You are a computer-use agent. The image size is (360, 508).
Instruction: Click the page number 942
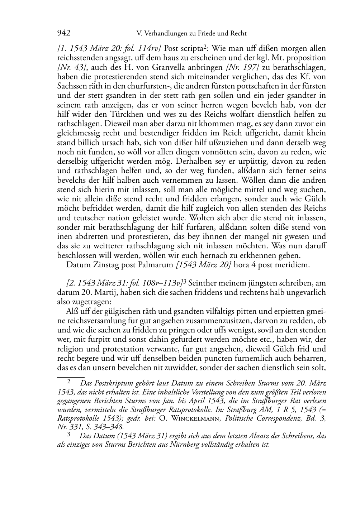coord(63,33)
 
